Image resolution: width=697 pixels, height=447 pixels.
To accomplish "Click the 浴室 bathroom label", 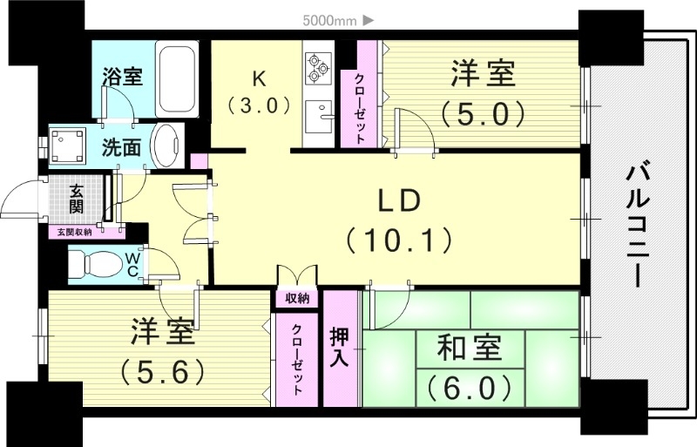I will [121, 76].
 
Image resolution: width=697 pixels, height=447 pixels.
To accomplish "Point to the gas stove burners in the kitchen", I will [317, 65].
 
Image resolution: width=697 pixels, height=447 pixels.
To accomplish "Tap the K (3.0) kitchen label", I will [258, 91].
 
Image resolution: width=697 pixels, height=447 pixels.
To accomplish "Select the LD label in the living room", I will [399, 200].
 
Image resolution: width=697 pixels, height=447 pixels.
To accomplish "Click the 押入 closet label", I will [340, 346].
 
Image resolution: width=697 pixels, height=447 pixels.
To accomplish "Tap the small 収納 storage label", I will [297, 298].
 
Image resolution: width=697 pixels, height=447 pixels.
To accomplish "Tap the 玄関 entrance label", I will [76, 200].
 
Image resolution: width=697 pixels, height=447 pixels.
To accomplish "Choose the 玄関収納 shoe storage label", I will [76, 232].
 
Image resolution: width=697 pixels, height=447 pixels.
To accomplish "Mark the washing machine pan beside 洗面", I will [68, 146].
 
